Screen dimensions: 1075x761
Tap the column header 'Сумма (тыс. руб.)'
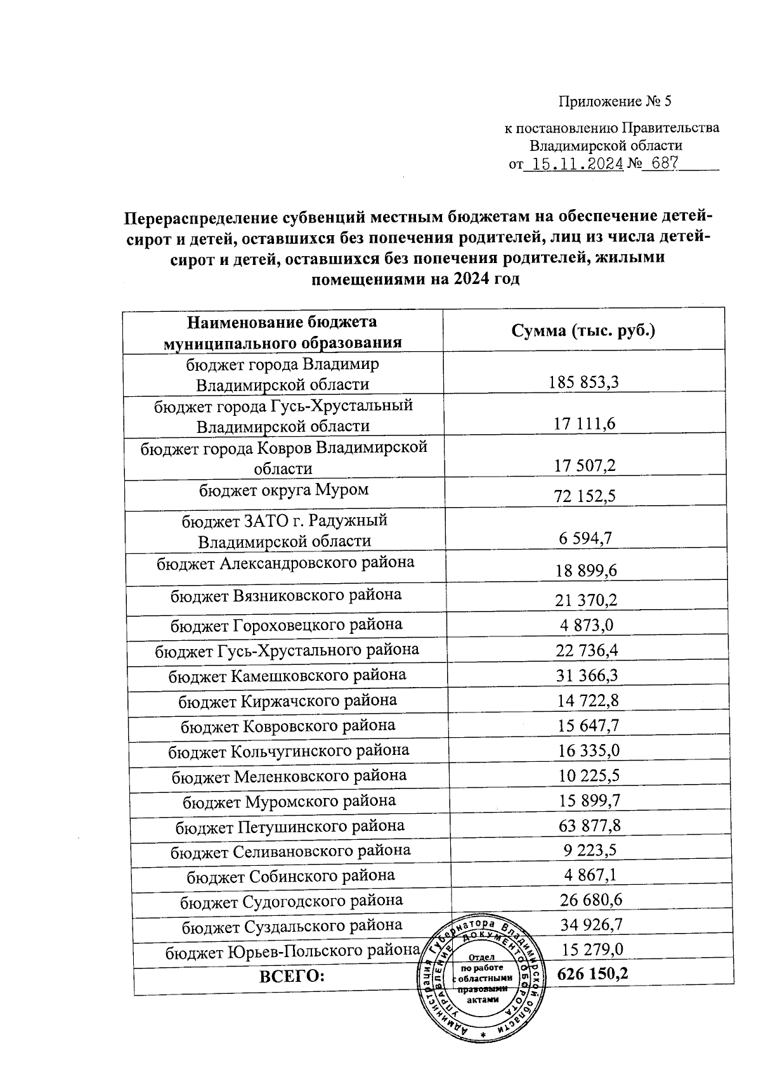[583, 331]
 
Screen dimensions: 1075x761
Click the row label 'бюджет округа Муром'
[284, 489]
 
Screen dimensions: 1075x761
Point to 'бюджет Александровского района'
[286, 562]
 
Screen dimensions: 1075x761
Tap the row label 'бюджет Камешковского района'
[287, 675]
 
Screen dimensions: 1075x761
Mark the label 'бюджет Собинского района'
[290, 875]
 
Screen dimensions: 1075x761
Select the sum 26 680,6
[590, 900]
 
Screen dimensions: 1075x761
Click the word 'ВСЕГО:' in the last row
[292, 976]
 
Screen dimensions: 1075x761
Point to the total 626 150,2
[592, 974]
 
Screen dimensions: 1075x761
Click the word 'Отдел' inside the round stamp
[482, 957]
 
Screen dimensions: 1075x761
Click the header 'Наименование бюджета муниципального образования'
[282, 332]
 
